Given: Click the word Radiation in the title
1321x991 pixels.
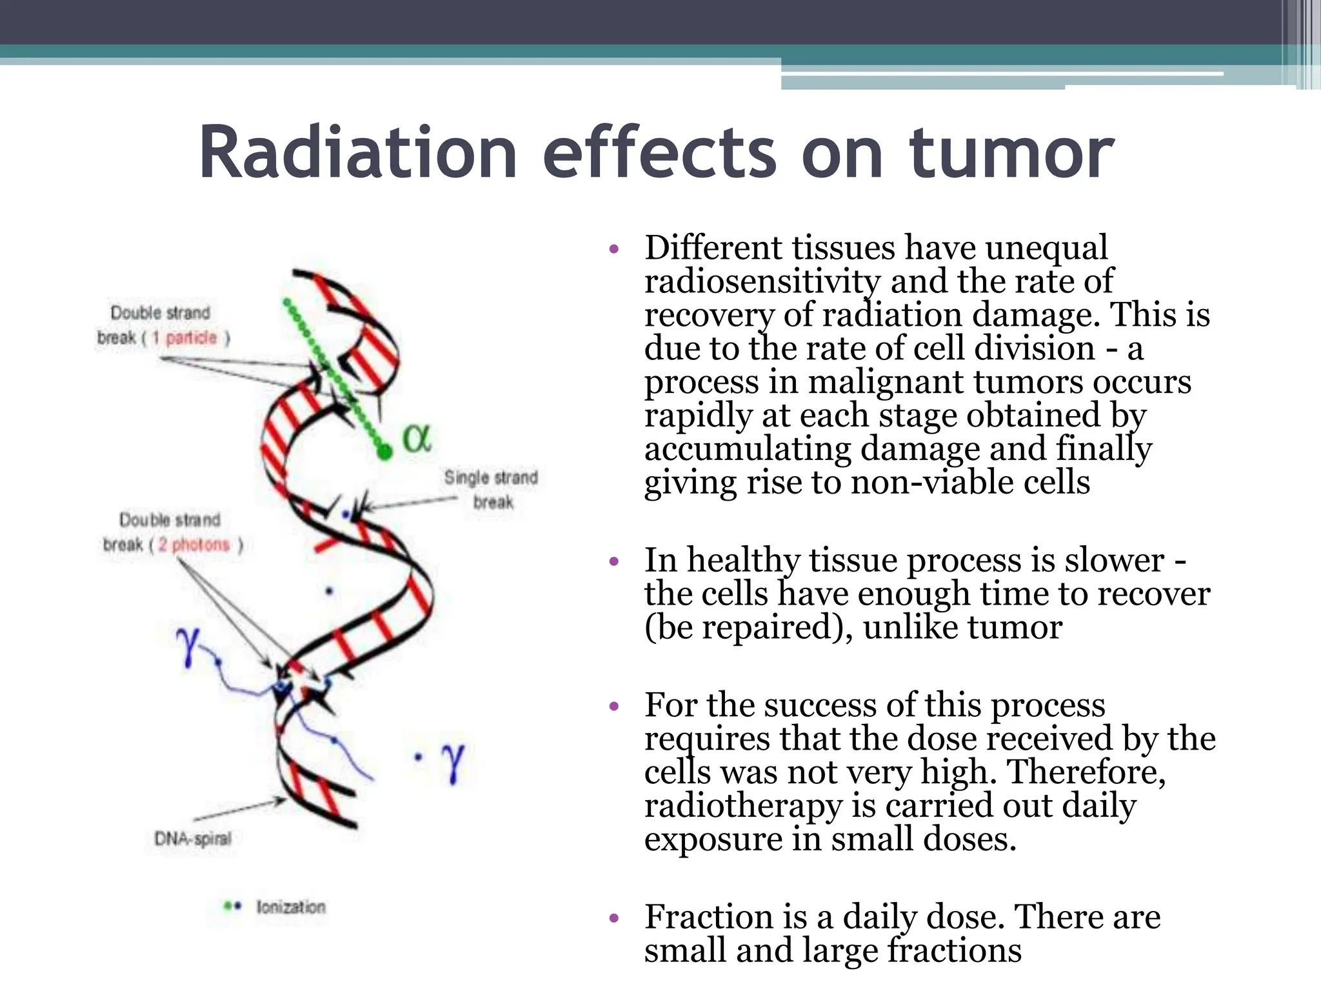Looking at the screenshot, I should click(359, 153).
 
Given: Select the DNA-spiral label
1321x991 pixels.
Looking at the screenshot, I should click(192, 839).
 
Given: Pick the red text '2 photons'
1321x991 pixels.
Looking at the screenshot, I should click(194, 545).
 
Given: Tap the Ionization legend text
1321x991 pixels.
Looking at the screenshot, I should click(291, 906).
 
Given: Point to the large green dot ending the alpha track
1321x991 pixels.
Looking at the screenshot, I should click(385, 452).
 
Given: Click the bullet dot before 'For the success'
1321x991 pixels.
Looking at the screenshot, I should click(614, 706).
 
